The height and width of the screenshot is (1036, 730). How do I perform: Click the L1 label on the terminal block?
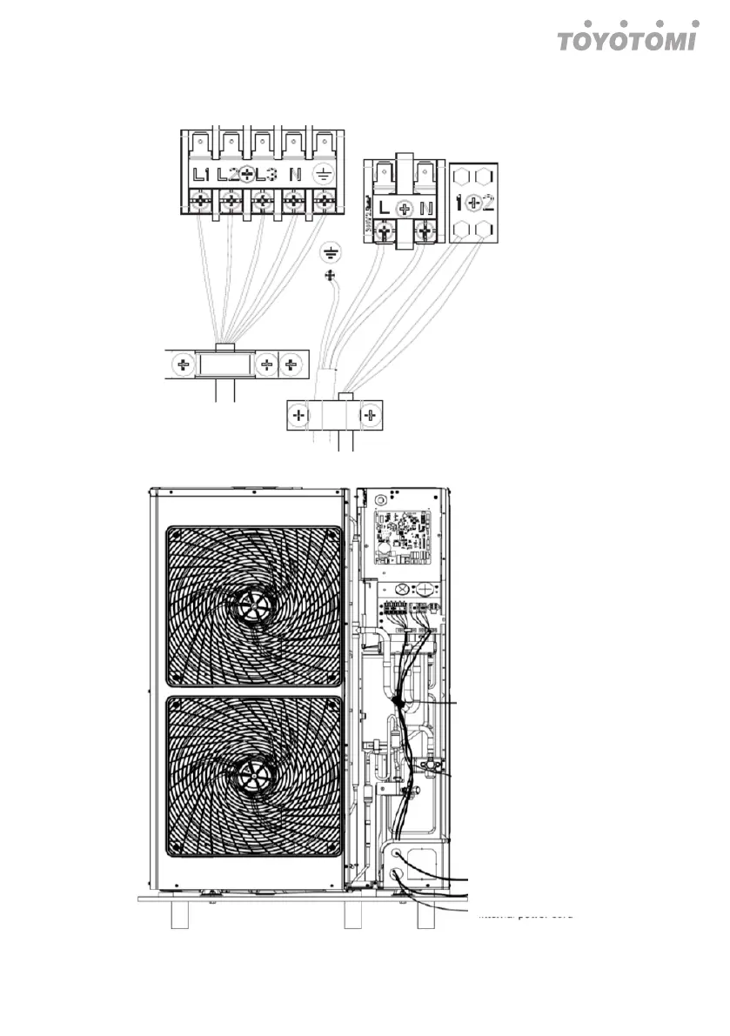tap(202, 174)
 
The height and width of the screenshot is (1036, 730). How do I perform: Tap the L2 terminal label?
tap(229, 174)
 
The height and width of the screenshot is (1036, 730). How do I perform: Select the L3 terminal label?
tap(266, 174)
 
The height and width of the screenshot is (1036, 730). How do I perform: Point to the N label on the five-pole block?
tap(296, 174)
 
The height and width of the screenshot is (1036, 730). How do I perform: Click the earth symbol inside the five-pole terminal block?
tap(325, 174)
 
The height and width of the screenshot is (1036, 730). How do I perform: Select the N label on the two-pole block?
tap(426, 208)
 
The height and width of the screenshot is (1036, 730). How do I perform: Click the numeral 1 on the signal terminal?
tap(459, 204)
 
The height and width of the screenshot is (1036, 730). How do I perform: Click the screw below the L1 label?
tap(200, 204)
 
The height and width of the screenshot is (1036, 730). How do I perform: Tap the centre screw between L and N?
tap(404, 209)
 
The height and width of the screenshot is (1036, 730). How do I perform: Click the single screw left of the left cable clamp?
tap(183, 364)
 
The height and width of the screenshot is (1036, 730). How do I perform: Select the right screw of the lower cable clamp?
tap(372, 416)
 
